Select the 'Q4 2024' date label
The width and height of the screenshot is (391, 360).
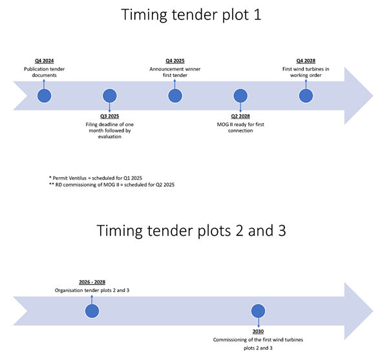(44, 61)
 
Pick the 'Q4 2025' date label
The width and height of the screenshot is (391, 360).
(175, 61)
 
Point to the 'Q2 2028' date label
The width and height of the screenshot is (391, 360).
(240, 115)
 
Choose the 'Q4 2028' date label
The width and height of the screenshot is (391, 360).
(306, 61)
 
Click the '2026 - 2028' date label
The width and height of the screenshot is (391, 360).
(92, 282)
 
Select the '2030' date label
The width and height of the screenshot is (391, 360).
(259, 331)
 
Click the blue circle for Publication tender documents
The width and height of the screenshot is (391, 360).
(44, 96)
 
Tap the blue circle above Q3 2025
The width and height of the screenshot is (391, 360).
(110, 96)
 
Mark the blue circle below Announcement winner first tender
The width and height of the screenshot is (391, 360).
(175, 96)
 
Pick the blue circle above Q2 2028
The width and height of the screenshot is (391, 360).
(240, 96)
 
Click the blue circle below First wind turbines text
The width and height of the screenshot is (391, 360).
(306, 96)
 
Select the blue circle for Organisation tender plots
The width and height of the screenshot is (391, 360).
(92, 311)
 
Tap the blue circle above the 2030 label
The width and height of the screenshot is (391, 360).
(259, 311)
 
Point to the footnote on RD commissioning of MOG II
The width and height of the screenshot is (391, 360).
(111, 185)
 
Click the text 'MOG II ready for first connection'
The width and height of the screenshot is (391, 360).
(240, 127)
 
